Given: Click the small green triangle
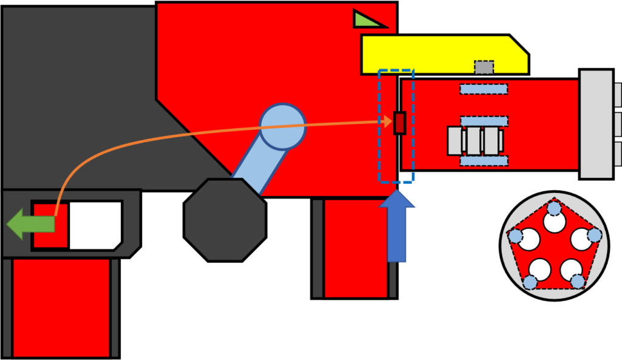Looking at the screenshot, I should pos(366,20).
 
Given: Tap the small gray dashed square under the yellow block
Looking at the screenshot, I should pos(484,67).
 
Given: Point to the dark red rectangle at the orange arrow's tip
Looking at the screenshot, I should pos(399,123).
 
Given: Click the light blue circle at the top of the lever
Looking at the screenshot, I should pos(282,126).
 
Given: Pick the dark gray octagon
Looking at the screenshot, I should pos(225,219).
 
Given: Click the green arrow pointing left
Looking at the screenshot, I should pos(30,224).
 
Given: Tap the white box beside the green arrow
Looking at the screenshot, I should pos(95,225).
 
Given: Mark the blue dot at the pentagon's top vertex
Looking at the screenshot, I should pos(554,208).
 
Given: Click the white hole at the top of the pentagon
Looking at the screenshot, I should pos(555,222).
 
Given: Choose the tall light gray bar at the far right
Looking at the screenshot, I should pos(596,124).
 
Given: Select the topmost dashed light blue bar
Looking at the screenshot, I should pos(484,89).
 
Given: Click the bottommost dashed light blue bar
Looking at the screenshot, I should pos(484,160).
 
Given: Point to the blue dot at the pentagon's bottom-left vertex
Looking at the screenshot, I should pos(530,282).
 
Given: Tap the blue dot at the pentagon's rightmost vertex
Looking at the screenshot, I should pos(595,235).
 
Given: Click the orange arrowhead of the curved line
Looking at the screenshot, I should pos(387,122).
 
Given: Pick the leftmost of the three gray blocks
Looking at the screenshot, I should pos(455,141).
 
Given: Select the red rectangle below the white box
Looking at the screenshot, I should pos(61,307).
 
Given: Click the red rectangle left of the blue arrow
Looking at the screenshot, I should pos(356,248).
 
